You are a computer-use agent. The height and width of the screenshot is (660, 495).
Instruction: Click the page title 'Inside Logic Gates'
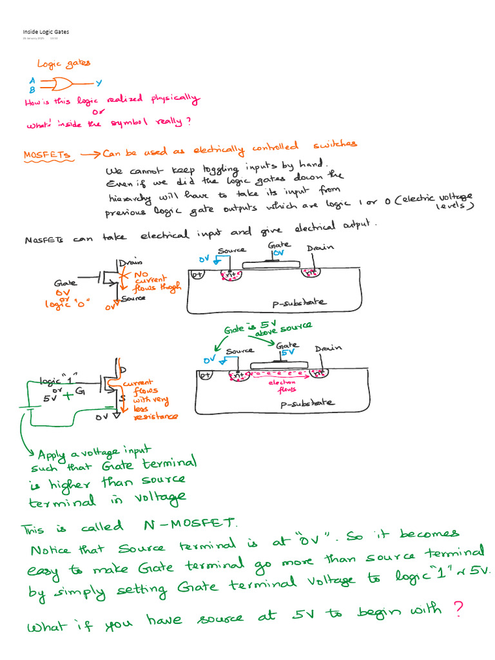46,32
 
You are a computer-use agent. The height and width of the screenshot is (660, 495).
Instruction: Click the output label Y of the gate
99,83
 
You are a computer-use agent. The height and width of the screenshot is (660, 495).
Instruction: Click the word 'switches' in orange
335,146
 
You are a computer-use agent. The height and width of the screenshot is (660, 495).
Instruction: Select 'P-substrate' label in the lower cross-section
307,403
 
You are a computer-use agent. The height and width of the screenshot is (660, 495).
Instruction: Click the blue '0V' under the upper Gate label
278,254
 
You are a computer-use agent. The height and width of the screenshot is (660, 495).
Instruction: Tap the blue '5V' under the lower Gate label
287,353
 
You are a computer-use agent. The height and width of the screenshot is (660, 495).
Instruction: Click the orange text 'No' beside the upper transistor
141,273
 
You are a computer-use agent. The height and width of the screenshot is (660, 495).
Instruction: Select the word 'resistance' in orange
155,417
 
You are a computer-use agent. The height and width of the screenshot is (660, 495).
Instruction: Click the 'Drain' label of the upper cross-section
320,249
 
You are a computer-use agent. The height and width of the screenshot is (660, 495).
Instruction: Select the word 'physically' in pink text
175,99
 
